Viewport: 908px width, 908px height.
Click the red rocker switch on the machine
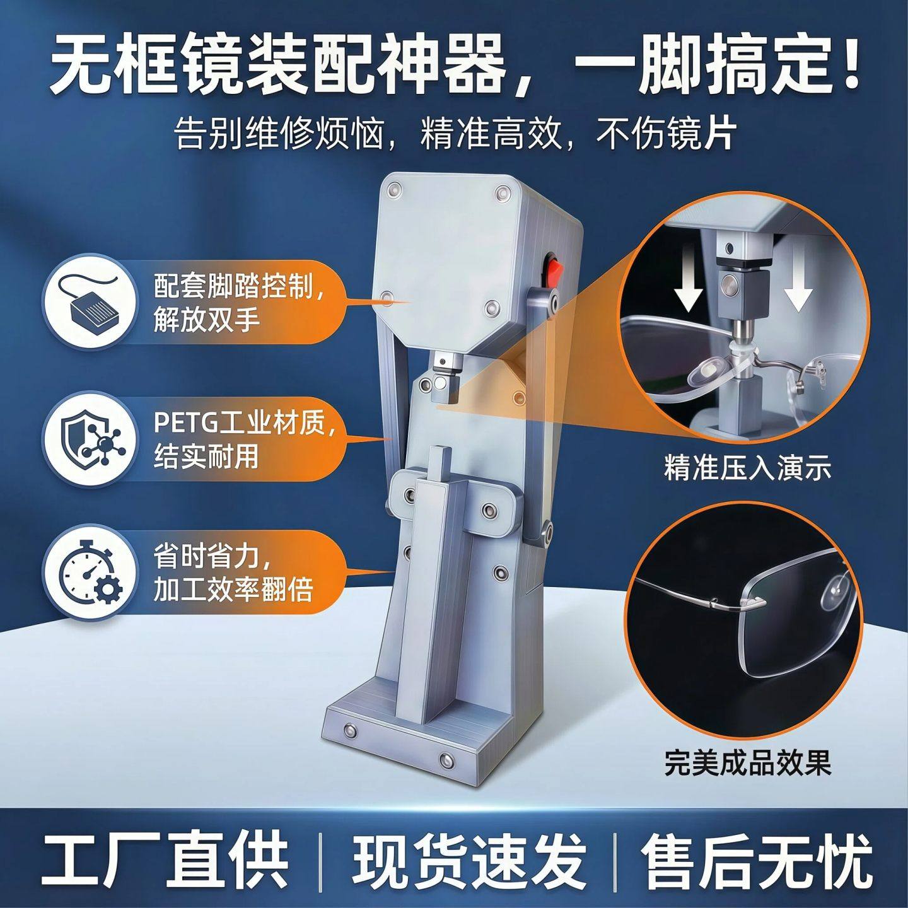[x=553, y=270]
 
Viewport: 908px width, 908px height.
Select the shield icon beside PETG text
[x=89, y=436]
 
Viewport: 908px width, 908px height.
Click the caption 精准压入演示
[x=747, y=469]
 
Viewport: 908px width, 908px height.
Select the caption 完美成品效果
[x=747, y=762]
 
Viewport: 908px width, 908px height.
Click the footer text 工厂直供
[x=165, y=859]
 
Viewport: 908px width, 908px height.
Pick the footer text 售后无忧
[x=757, y=859]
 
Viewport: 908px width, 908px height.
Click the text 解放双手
[x=207, y=320]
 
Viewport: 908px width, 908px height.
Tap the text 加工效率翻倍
[x=233, y=591]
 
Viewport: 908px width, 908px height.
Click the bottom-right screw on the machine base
[x=446, y=759]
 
